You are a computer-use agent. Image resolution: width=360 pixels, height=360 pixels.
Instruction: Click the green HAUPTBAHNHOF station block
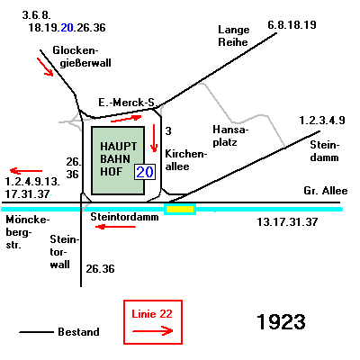[x=118, y=160]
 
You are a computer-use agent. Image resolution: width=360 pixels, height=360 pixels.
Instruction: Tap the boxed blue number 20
[x=145, y=172]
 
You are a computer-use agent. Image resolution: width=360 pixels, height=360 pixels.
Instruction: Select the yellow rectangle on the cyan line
[x=180, y=209]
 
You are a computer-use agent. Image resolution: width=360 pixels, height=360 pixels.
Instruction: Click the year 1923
[x=281, y=322]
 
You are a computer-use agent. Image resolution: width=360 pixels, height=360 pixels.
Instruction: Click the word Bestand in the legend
[x=78, y=332]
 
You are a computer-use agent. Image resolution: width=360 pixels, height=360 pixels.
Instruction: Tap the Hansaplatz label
[x=230, y=136]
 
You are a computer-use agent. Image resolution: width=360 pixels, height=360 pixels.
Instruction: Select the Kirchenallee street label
[x=186, y=160]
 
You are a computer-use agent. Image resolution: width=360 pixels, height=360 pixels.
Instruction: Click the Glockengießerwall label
[x=82, y=57]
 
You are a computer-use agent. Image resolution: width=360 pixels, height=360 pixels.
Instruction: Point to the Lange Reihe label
[x=234, y=36]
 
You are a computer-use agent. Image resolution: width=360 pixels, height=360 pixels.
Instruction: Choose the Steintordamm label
[x=124, y=217]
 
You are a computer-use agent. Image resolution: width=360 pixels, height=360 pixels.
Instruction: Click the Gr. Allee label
[x=326, y=191]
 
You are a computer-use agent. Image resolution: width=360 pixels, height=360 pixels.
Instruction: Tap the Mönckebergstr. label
[x=27, y=232]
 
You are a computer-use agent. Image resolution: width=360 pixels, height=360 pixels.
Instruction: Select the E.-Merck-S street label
[x=126, y=103]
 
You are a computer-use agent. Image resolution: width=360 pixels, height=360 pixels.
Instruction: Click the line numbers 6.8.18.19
[x=292, y=25]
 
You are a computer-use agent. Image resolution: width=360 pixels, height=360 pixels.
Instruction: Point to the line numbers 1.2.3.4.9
[x=322, y=121]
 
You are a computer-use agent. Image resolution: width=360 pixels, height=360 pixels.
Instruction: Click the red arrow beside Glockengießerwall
[x=45, y=67]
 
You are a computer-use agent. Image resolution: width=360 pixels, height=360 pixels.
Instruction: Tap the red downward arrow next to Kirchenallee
[x=154, y=138]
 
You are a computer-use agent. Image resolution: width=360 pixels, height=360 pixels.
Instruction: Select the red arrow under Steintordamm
[x=115, y=227]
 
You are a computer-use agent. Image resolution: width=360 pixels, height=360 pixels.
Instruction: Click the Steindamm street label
[x=325, y=151]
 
